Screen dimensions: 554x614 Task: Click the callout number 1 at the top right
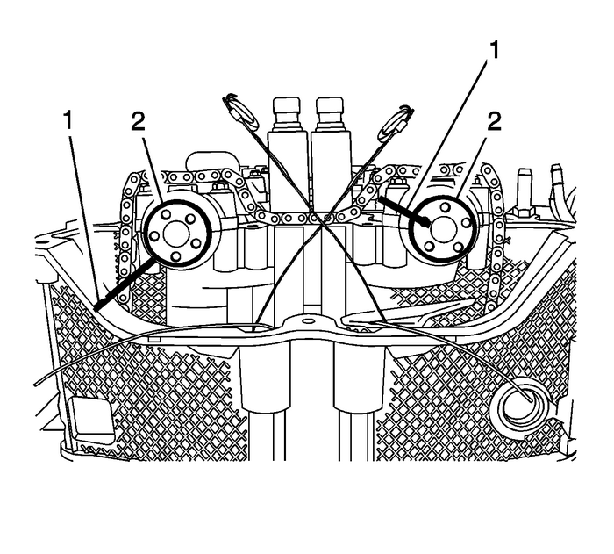tap(496, 49)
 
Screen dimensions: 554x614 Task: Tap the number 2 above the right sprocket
tap(496, 121)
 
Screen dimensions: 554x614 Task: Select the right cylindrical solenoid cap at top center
tap(330, 112)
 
